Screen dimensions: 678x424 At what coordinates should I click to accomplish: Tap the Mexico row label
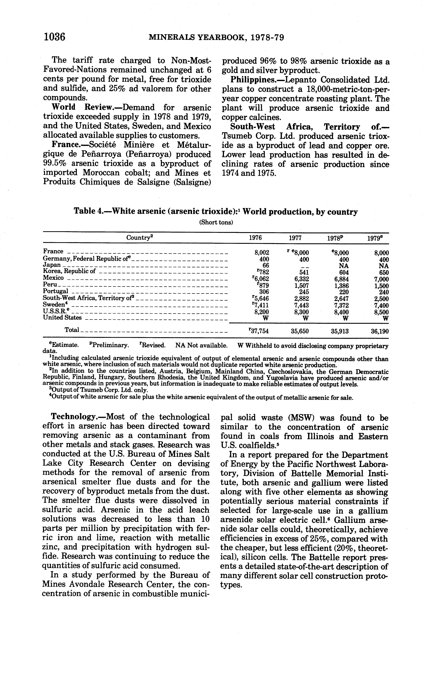53,278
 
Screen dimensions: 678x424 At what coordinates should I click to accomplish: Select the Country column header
139,238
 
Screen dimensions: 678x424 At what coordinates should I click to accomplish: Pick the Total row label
72,330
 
